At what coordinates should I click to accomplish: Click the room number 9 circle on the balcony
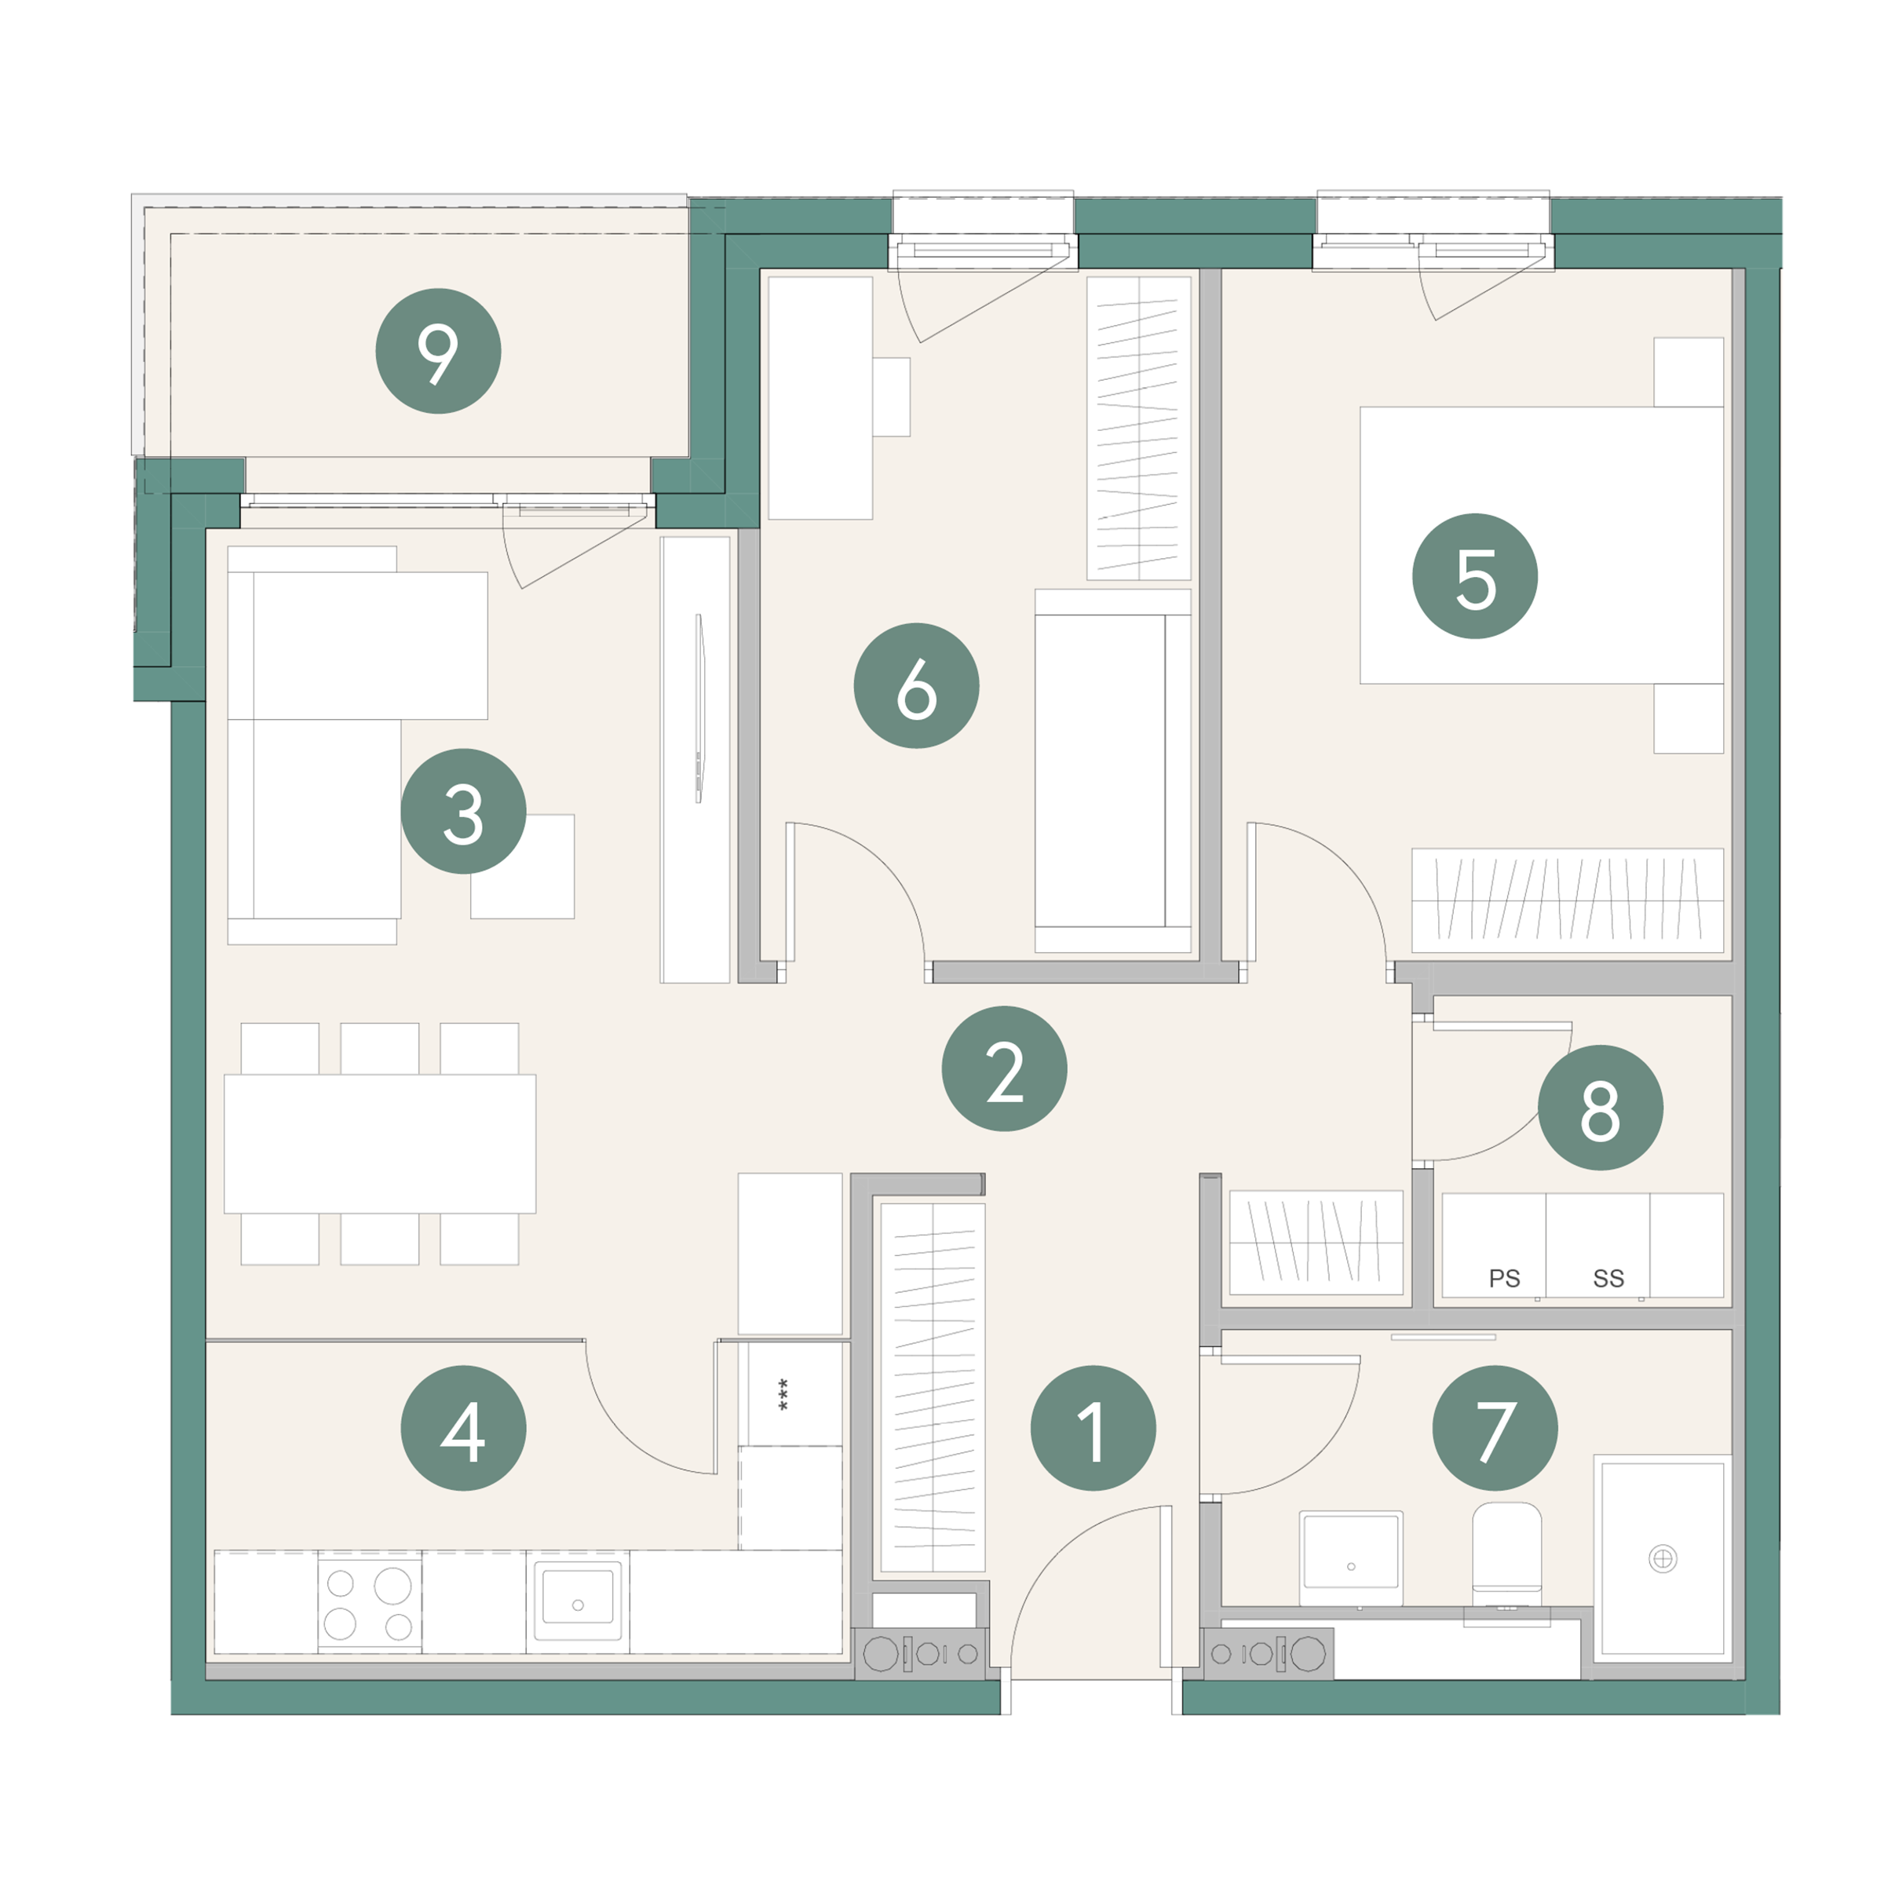point(438,351)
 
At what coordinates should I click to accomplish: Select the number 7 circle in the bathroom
point(1495,1428)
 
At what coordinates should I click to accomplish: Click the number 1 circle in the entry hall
point(1094,1428)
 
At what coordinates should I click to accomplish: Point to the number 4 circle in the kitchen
point(463,1428)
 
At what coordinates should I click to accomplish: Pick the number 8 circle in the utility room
point(1601,1108)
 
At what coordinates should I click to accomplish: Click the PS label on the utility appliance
point(1504,1279)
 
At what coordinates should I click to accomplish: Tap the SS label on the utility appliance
point(1608,1279)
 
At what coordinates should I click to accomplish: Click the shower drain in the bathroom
point(1663,1559)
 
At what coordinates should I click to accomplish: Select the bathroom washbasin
point(1350,1558)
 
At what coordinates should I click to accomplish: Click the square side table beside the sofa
point(523,867)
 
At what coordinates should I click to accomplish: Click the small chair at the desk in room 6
point(891,397)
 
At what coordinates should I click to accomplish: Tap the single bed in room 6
point(1112,770)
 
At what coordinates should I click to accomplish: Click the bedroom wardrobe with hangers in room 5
point(1568,900)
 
